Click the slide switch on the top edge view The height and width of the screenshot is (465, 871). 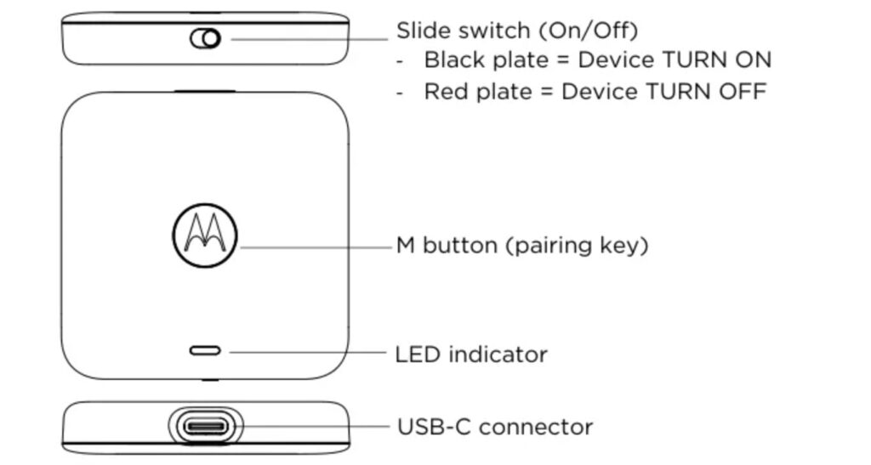click(206, 38)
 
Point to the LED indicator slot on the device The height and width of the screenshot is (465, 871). click(205, 350)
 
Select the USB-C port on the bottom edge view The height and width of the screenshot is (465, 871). click(205, 425)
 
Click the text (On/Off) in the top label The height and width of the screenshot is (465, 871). click(588, 31)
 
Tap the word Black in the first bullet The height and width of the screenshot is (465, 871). click(454, 60)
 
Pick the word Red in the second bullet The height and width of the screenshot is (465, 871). click(445, 90)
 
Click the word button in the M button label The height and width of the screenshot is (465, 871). click(460, 246)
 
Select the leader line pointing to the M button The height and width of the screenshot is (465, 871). click(315, 247)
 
